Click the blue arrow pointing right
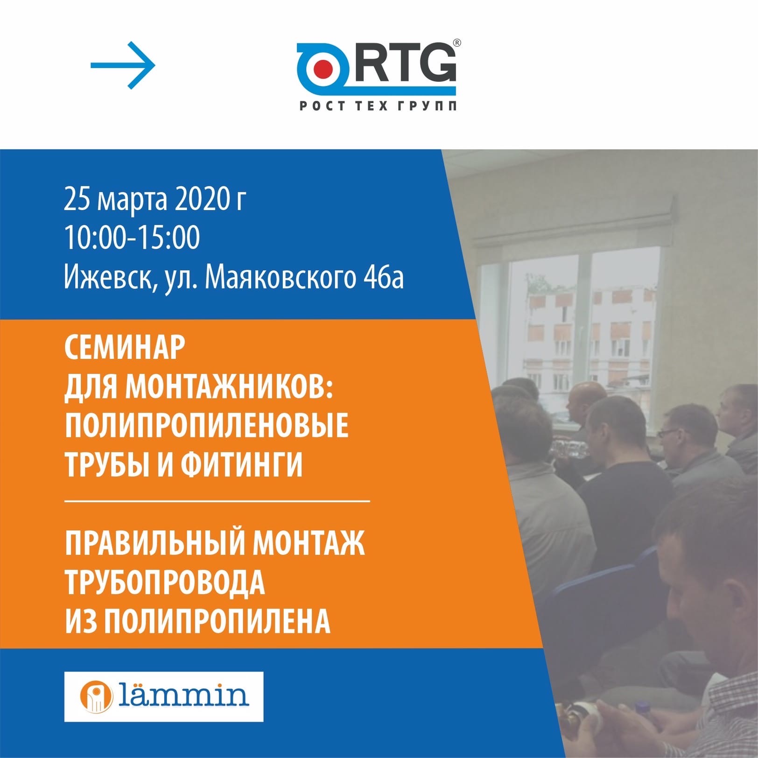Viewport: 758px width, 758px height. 123,65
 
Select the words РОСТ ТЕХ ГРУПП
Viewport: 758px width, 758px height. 378,106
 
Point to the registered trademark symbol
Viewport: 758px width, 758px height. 457,43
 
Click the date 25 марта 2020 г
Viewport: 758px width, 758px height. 155,200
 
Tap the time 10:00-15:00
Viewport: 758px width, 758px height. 132,238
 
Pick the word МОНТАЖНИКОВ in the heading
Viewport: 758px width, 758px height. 229,386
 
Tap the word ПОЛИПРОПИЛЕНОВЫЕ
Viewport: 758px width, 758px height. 207,425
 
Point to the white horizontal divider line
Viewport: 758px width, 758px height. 217,501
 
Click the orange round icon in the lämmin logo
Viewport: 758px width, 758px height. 97,697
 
